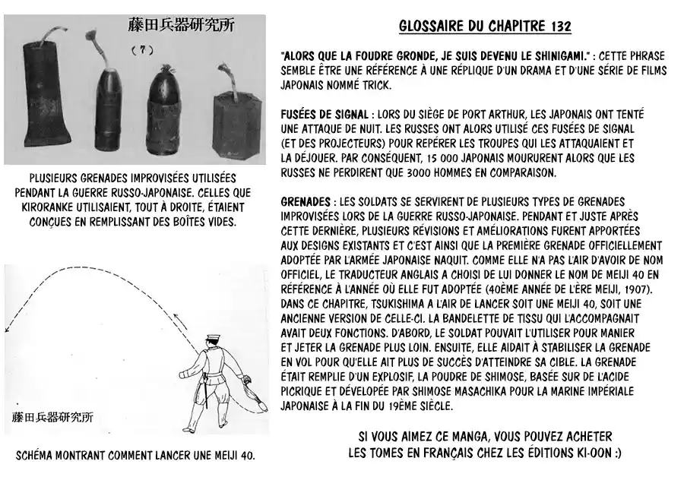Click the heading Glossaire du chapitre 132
click(x=485, y=27)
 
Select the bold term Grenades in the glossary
click(x=305, y=201)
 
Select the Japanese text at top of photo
click(x=181, y=25)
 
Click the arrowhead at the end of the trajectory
click(x=8, y=328)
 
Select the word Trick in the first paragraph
click(x=358, y=86)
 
